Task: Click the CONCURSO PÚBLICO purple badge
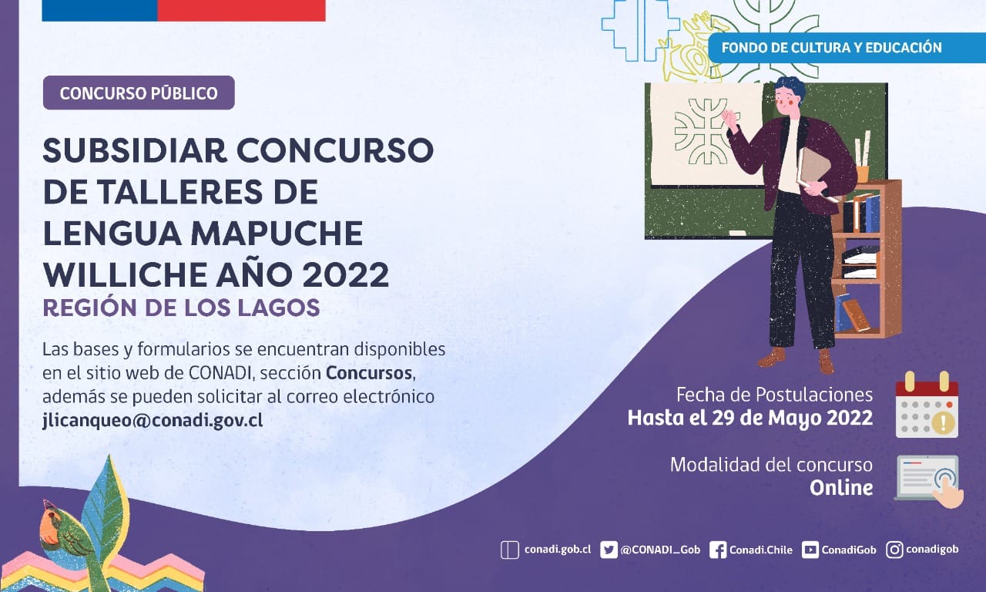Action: [139, 93]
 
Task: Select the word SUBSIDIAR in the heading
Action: [135, 150]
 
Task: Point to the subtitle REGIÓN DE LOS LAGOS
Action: [181, 308]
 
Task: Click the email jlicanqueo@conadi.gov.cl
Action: [153, 420]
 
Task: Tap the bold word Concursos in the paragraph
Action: [369, 373]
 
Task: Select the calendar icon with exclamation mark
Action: [927, 405]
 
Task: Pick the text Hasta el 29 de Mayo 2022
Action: [750, 419]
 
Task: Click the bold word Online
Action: [841, 488]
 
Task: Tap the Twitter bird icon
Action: [609, 550]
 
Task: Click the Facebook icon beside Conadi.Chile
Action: [717, 550]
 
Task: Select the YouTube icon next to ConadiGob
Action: [810, 550]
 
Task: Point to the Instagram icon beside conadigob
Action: [894, 550]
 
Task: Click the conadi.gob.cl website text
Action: [558, 550]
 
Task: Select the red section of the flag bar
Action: [241, 11]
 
